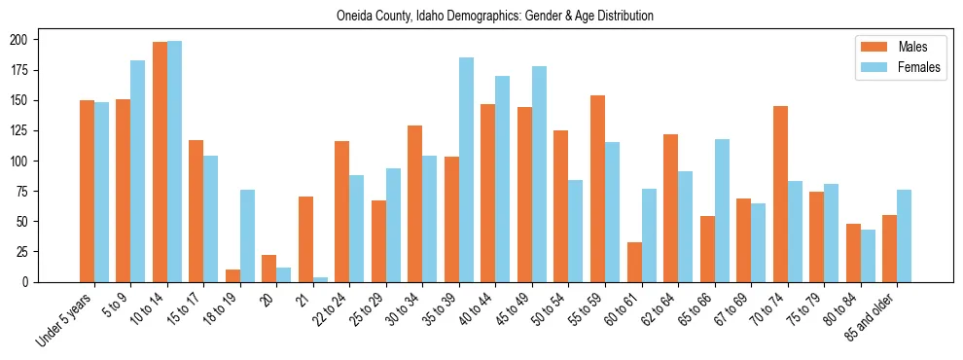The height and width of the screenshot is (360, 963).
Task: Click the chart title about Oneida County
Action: pos(494,17)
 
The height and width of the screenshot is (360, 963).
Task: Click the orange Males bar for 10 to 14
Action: pos(160,162)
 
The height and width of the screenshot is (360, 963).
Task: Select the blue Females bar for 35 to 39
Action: pos(466,169)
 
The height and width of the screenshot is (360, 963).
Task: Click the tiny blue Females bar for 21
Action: pos(320,279)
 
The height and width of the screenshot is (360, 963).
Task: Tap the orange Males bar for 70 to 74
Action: pos(780,194)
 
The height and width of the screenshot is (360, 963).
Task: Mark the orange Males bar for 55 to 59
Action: pos(597,189)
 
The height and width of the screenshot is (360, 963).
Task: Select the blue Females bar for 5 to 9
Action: pos(138,171)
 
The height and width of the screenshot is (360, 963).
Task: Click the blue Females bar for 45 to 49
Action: pos(539,174)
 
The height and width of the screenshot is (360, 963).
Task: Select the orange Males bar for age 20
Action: pos(269,269)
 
